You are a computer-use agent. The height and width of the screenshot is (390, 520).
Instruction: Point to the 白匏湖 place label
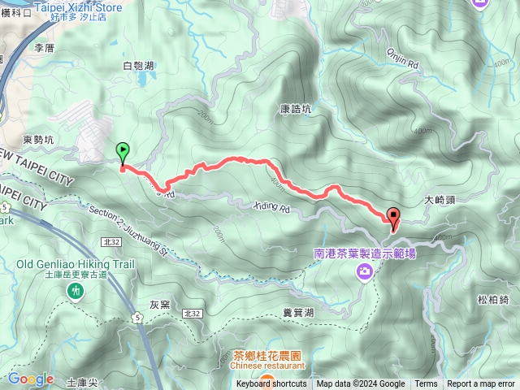click(138, 65)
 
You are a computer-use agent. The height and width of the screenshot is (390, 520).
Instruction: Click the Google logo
click(31, 379)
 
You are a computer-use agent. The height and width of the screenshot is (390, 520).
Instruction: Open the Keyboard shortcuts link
click(271, 384)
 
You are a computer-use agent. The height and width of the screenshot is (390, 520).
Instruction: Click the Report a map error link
click(481, 384)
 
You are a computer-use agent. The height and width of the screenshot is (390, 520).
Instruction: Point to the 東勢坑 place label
click(38, 139)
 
